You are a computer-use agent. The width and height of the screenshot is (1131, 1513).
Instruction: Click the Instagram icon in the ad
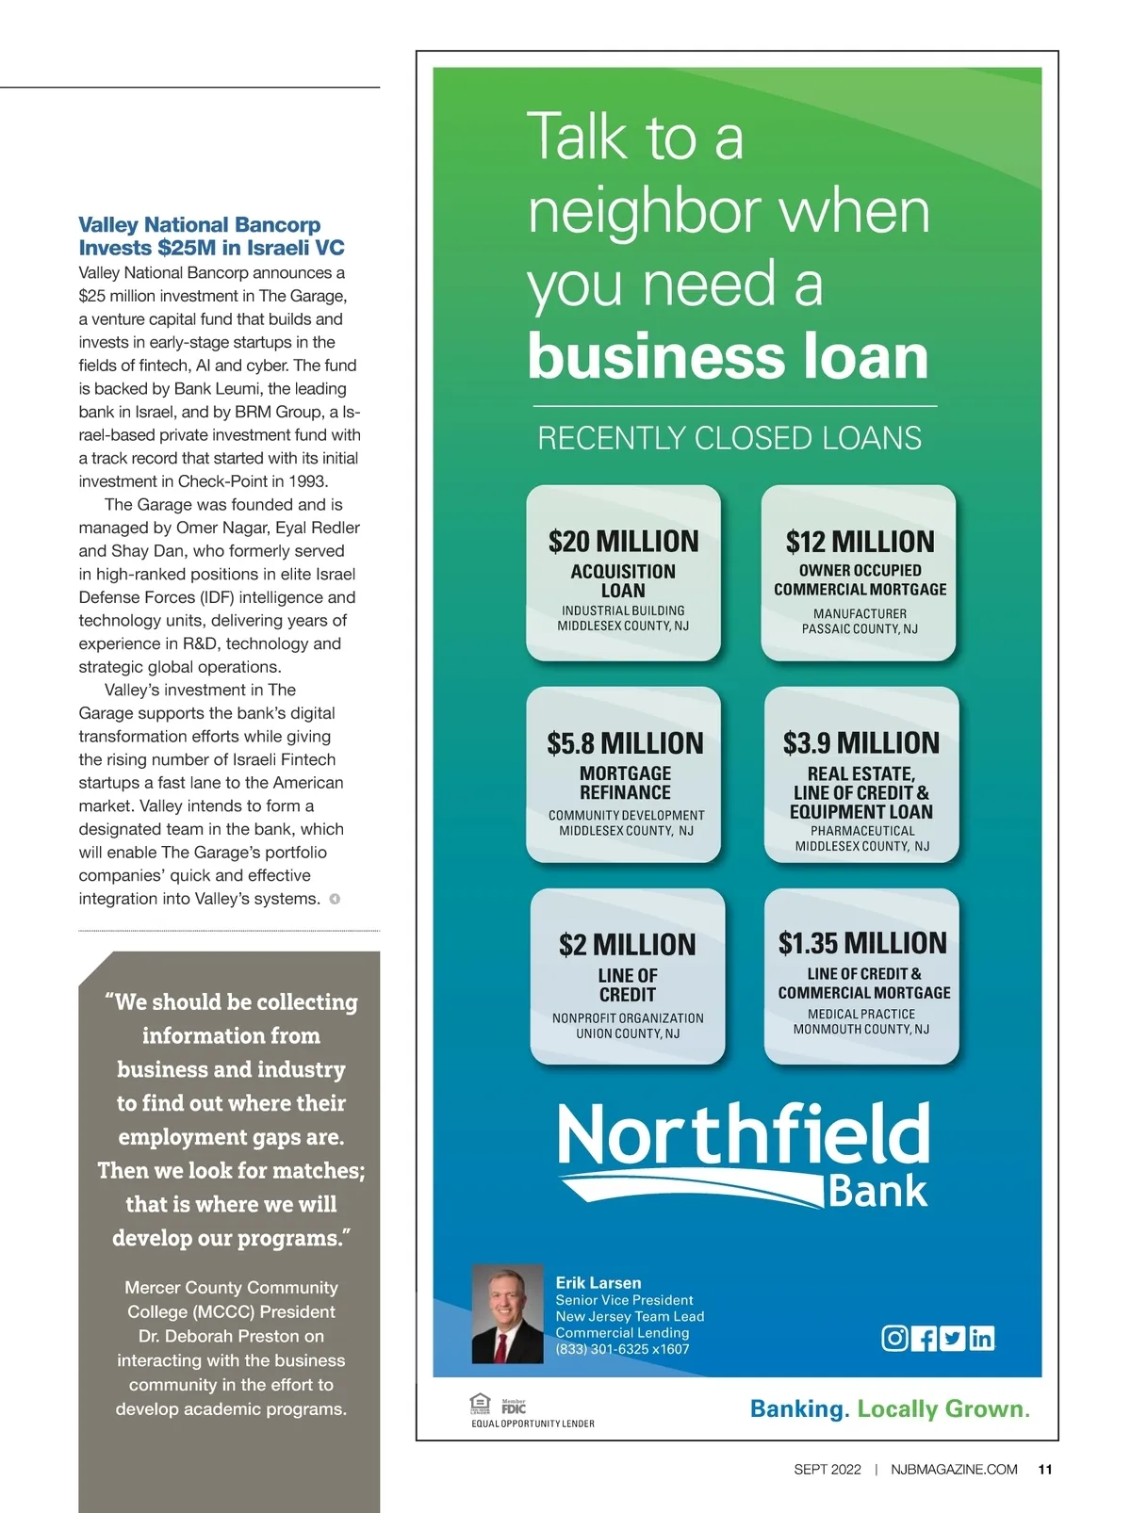[894, 1338]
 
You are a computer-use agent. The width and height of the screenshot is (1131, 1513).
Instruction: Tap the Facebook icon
[924, 1338]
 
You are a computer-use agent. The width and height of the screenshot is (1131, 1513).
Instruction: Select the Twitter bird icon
[953, 1338]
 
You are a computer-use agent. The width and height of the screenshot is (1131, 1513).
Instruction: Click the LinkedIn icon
[981, 1338]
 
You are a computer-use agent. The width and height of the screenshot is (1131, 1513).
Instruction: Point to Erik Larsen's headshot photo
[507, 1314]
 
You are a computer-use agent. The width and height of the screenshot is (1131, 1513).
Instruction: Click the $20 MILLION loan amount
[624, 542]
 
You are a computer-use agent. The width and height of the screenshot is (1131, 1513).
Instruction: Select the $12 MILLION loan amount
[860, 542]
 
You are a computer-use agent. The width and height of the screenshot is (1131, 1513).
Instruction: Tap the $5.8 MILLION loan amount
[625, 743]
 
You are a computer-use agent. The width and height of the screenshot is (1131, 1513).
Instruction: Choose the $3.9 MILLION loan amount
[861, 743]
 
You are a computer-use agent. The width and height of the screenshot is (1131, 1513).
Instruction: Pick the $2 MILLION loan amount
[627, 945]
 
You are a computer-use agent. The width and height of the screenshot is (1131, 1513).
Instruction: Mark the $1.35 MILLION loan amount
[862, 943]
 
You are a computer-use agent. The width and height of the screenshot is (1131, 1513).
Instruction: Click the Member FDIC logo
[514, 1407]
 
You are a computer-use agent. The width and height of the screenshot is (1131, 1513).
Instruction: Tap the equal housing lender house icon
[481, 1404]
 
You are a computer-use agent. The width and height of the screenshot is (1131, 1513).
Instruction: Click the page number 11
[1045, 1470]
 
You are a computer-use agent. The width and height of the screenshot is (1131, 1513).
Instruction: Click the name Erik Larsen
[598, 1283]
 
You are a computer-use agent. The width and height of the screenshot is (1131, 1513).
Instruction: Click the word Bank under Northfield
[877, 1191]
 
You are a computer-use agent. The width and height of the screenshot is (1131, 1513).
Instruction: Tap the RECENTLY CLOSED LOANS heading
[729, 438]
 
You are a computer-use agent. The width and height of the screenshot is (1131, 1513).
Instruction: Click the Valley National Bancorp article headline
[211, 236]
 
